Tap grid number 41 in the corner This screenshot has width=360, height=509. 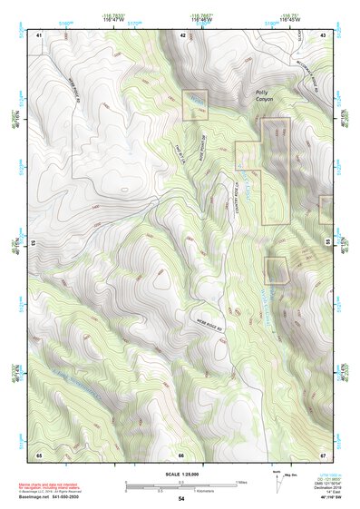pyautogui.click(x=39, y=34)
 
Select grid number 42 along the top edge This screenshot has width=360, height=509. pyautogui.click(x=182, y=34)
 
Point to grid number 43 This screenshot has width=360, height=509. pyautogui.click(x=324, y=34)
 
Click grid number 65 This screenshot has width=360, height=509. pyautogui.click(x=39, y=454)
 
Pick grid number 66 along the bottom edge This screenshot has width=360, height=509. pyautogui.click(x=181, y=454)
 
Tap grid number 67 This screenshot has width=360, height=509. pyautogui.click(x=324, y=454)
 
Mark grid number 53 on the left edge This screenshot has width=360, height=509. pyautogui.click(x=34, y=243)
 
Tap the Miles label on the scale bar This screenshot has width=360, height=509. pyautogui.click(x=239, y=482)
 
